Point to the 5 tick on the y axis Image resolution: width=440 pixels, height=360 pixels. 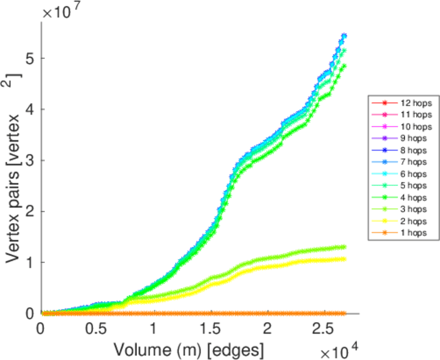click(29, 59)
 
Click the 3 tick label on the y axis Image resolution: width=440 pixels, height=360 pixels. click(29, 161)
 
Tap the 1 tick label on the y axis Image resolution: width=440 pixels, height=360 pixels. click(29, 263)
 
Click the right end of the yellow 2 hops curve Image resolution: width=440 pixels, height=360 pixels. click(344, 259)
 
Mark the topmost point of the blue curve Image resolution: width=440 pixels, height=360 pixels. click(344, 35)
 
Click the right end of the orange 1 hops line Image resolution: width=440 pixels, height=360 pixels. click(344, 313)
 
